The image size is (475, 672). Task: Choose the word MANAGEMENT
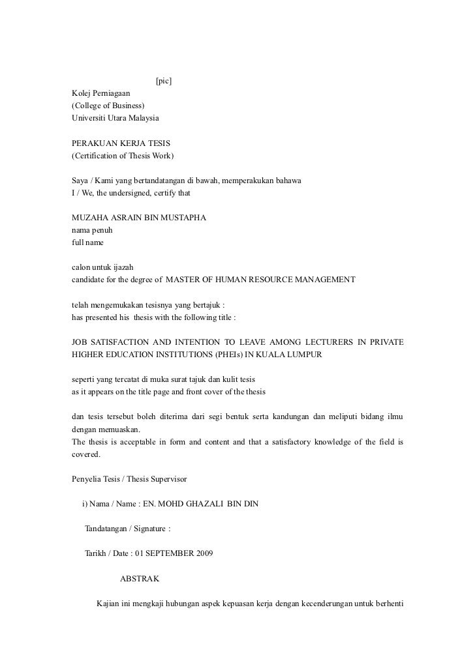321,279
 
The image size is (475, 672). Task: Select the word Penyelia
87,479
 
